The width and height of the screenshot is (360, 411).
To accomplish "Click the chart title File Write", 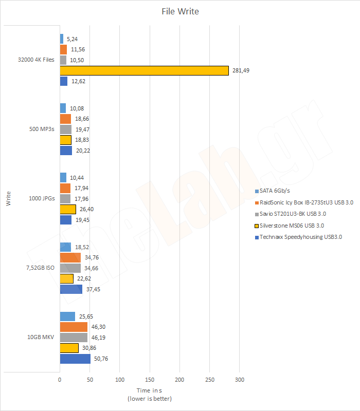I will click(x=179, y=11).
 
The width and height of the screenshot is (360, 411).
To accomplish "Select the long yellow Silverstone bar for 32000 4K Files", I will click(x=144, y=70).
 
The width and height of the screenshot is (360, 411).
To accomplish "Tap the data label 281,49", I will click(x=240, y=70).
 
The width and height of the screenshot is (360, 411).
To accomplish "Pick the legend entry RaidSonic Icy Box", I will click(x=307, y=202).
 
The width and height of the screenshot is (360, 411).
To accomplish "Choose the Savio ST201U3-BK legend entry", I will click(x=293, y=214).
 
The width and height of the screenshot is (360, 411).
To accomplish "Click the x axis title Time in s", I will click(x=150, y=391).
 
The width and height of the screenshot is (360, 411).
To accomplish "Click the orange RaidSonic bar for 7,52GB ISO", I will click(x=70, y=258).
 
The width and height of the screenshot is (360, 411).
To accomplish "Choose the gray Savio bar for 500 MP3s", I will click(x=66, y=129).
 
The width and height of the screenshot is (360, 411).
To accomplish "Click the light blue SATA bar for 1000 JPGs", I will click(x=63, y=177).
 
